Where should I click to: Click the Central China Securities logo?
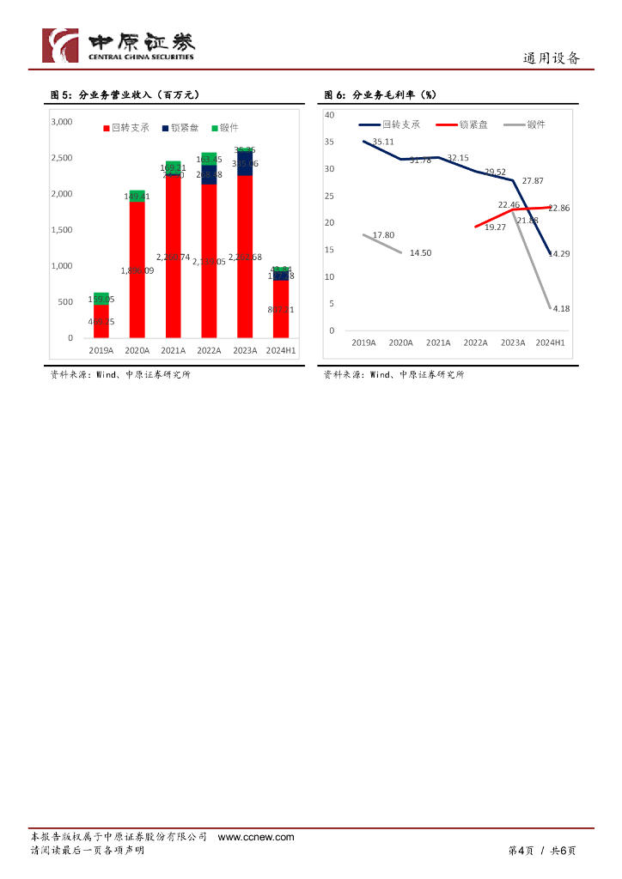[x=119, y=45]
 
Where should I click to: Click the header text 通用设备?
[x=552, y=58]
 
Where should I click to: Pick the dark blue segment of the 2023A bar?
[x=245, y=163]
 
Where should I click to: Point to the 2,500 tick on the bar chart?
[x=61, y=158]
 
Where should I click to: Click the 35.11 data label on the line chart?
[x=383, y=142]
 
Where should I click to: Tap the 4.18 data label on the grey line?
[x=561, y=308]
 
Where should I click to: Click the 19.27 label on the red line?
[x=496, y=227]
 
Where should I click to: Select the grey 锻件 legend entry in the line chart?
[x=523, y=124]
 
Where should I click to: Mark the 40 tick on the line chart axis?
[x=330, y=114]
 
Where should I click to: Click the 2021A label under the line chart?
[x=437, y=343]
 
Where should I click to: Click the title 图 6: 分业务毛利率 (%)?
[x=380, y=94]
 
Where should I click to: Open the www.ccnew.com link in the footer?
[x=256, y=837]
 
